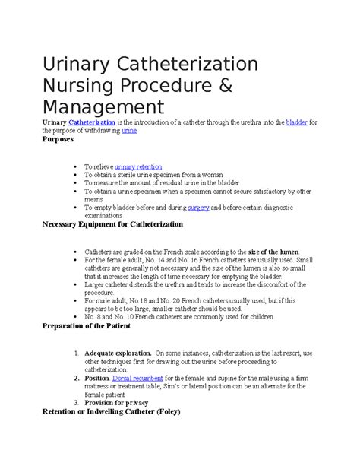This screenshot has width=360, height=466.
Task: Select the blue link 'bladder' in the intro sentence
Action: click(297, 122)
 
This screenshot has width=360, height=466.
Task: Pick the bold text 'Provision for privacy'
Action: click(122, 403)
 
